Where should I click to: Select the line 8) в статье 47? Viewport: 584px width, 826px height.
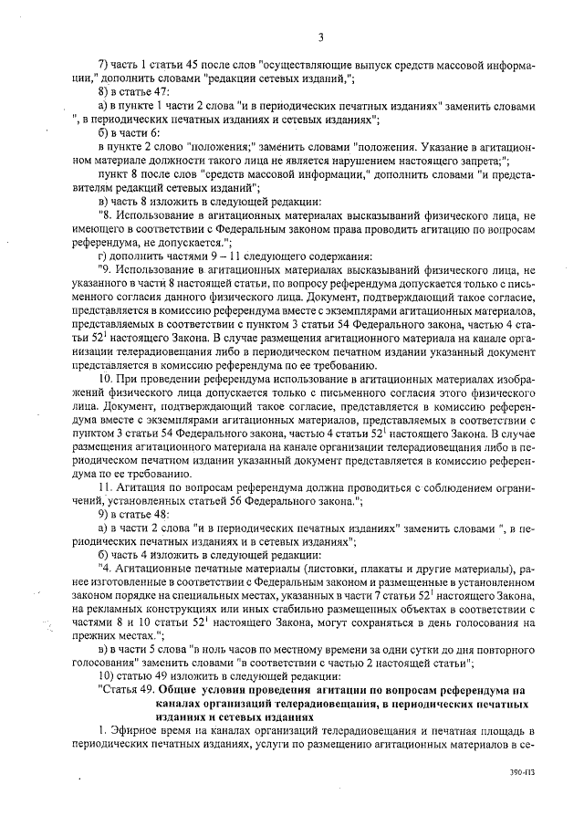point(139,93)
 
